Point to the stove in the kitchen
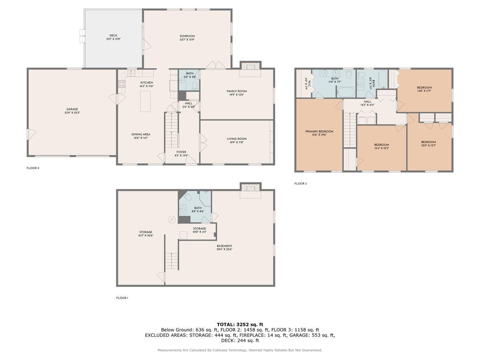coord(121,84)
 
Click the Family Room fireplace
coord(250,66)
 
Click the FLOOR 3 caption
coord(300,184)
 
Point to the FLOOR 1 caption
coord(122,298)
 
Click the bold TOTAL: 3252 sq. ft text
coord(240,324)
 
